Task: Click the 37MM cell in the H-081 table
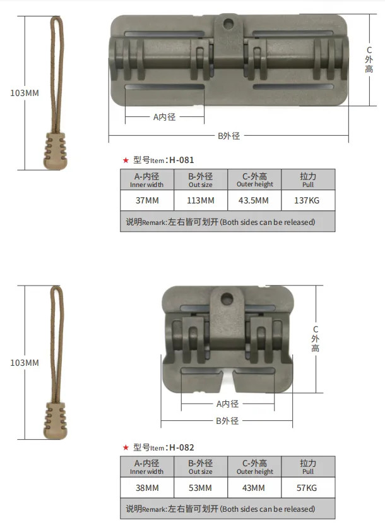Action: (147, 200)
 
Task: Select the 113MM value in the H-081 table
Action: (201, 200)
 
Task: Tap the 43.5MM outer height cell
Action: (254, 200)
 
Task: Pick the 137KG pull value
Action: (307, 200)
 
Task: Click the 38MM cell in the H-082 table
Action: (147, 488)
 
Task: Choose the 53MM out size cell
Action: (200, 488)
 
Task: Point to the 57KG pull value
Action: (307, 488)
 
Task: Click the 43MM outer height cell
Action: (254, 488)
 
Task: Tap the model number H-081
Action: (182, 160)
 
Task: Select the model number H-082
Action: (182, 447)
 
